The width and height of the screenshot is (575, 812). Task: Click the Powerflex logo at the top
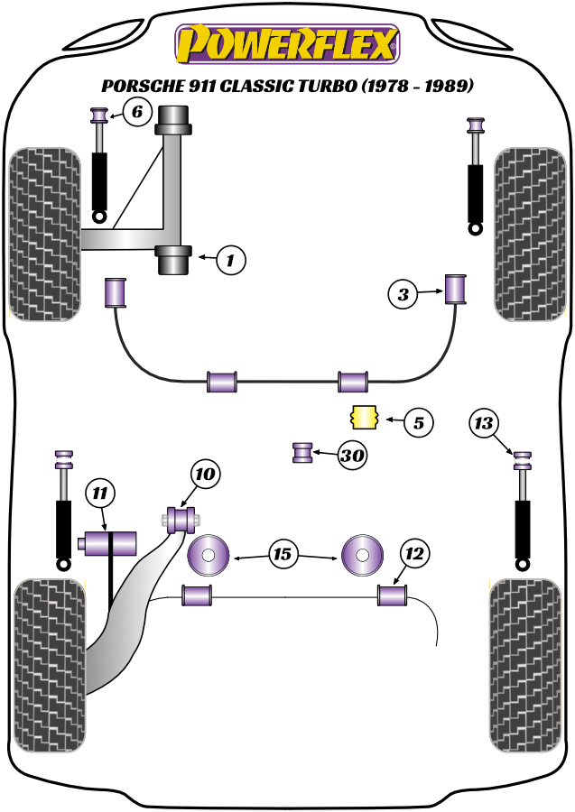click(x=288, y=44)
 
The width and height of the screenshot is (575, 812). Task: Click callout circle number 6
click(x=135, y=113)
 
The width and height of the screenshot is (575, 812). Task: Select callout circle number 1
click(x=230, y=261)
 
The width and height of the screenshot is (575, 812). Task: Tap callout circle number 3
click(x=403, y=293)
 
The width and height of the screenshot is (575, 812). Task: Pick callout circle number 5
click(x=419, y=420)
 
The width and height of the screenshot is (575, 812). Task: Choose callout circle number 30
click(x=352, y=457)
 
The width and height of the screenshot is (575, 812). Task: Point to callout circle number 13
click(x=485, y=422)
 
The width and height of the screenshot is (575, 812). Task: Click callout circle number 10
click(x=205, y=474)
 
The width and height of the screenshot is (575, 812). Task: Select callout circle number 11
click(x=100, y=493)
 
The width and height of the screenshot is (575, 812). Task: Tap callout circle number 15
click(x=283, y=554)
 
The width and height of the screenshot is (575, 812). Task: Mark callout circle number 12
click(x=415, y=552)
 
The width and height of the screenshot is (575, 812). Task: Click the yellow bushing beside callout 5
click(x=363, y=419)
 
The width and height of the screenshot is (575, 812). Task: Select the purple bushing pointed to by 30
click(x=302, y=452)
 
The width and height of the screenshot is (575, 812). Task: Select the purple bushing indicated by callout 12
click(x=392, y=595)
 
